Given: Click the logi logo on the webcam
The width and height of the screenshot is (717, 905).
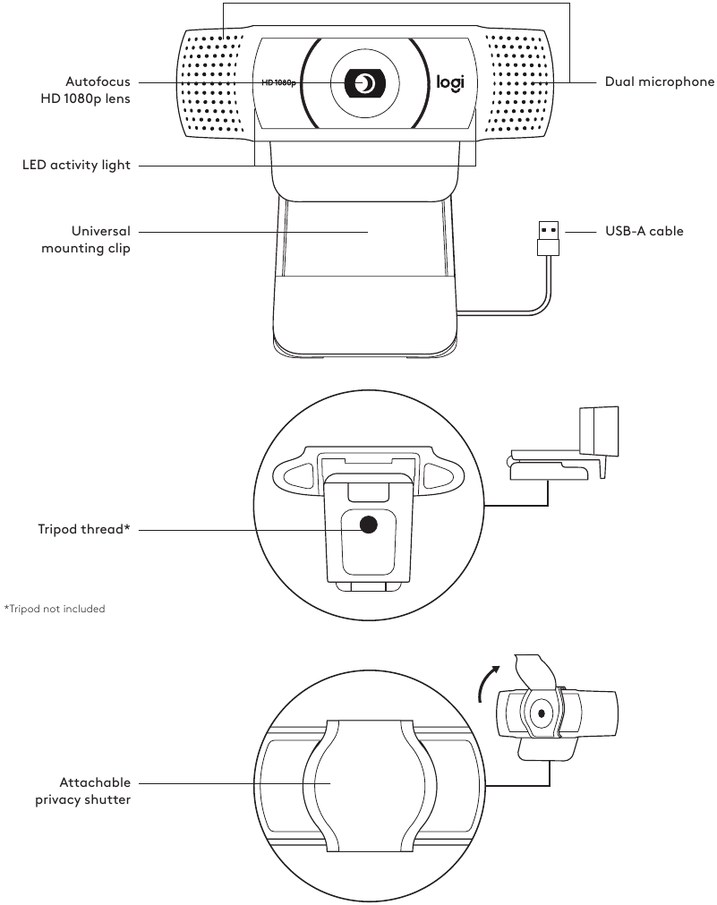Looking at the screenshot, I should pyautogui.click(x=450, y=83).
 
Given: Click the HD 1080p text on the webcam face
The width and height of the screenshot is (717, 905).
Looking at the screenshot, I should pyautogui.click(x=279, y=82).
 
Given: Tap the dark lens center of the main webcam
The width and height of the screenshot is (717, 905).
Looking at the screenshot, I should pyautogui.click(x=364, y=83).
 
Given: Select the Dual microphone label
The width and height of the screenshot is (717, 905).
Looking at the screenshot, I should pyautogui.click(x=659, y=82).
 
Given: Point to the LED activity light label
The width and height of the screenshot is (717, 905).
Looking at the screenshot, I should pyautogui.click(x=76, y=166).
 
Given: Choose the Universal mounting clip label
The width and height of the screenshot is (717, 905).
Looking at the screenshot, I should pyautogui.click(x=86, y=240).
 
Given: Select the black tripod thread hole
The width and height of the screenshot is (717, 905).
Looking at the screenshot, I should pyautogui.click(x=368, y=526).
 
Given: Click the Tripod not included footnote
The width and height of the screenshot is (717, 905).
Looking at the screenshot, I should pyautogui.click(x=55, y=609).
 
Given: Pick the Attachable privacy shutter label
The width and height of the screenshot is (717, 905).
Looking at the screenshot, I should pyautogui.click(x=83, y=790).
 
